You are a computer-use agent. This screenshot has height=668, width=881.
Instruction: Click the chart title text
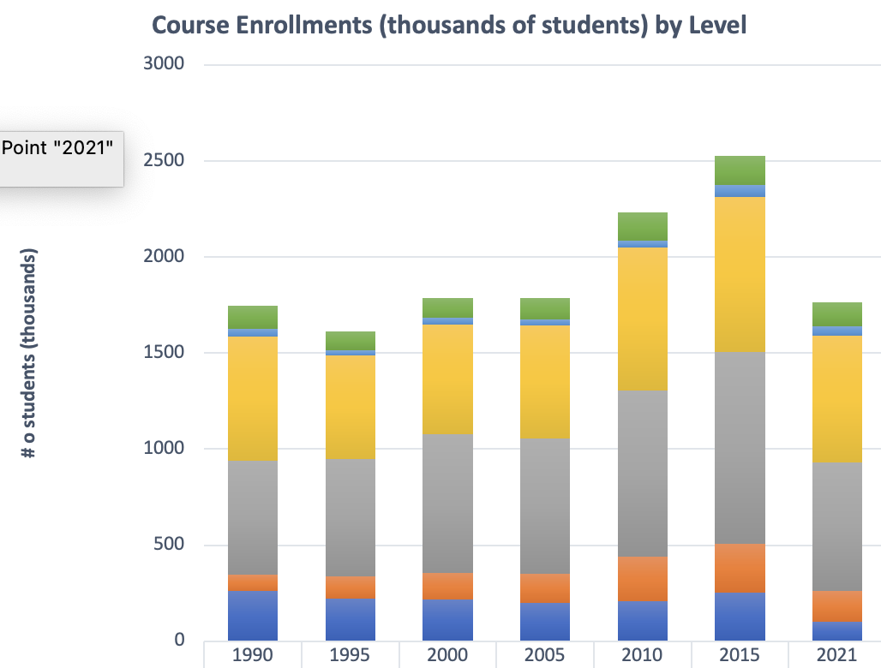point(449,25)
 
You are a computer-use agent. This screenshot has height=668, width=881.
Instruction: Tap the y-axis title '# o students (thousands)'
point(29,353)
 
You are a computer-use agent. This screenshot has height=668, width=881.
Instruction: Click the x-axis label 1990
point(253,654)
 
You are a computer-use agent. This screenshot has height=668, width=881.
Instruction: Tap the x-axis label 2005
point(545,654)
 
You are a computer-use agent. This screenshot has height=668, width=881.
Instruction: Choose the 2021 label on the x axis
point(836,654)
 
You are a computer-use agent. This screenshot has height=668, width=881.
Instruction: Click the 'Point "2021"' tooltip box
point(60,158)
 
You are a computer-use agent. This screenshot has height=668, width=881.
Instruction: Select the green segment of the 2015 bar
point(740,170)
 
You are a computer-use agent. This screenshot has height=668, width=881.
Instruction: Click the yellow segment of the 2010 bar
point(642,319)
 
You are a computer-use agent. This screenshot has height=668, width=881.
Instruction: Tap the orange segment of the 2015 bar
point(740,568)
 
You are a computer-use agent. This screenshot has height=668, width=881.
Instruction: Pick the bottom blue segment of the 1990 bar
point(253,615)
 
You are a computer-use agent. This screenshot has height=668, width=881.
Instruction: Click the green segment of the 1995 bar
point(350,340)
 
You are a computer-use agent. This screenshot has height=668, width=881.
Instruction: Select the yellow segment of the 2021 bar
point(836,398)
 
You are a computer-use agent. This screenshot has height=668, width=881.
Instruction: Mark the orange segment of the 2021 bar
point(836,605)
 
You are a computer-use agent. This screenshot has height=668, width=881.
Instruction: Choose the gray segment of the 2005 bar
point(545,505)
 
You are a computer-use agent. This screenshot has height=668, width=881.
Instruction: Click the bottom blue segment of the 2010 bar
point(642,620)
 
